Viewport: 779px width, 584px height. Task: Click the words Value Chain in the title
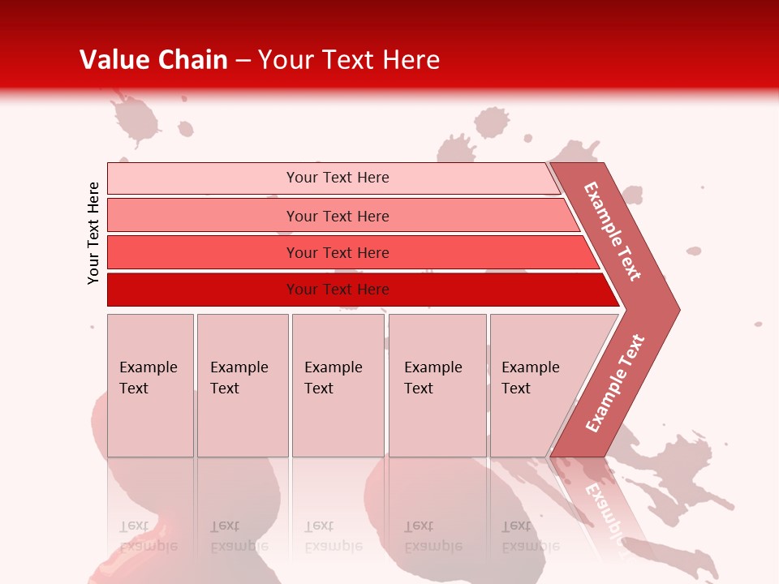click(x=153, y=60)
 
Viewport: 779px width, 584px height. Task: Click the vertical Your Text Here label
click(x=93, y=233)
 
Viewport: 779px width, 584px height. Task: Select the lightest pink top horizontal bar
click(x=203, y=178)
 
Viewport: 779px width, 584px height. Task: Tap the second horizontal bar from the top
click(x=203, y=216)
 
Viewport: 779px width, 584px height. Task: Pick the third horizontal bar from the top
click(x=203, y=252)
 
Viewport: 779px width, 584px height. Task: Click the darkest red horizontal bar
click(x=203, y=290)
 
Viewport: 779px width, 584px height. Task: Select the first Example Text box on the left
click(x=150, y=385)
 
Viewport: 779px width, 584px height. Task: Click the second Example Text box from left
click(x=243, y=385)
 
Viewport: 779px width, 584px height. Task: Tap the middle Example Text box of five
click(x=338, y=385)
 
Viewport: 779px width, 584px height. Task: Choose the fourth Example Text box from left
click(x=437, y=385)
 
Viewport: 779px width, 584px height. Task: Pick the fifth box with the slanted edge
click(x=536, y=385)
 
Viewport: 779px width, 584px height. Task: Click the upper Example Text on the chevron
click(x=613, y=231)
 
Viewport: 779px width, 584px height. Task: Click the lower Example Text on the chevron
click(x=615, y=383)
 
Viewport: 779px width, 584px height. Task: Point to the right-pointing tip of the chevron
click(x=675, y=309)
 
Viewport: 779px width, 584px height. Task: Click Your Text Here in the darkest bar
click(x=338, y=290)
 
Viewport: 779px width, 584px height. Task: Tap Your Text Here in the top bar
click(x=338, y=178)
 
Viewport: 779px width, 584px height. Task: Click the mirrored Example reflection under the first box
click(x=148, y=536)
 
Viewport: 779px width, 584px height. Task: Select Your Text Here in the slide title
click(x=349, y=60)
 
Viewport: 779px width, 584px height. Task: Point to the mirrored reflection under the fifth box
click(x=530, y=536)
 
